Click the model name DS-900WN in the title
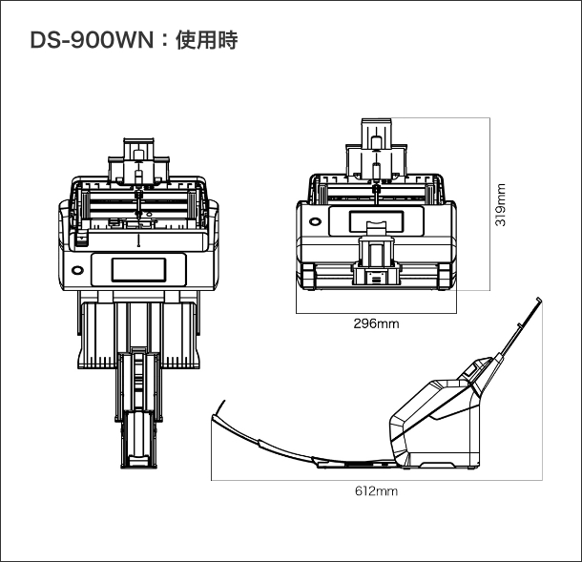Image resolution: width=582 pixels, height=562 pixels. [x=87, y=41]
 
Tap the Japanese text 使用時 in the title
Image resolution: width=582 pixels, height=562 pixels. [x=204, y=41]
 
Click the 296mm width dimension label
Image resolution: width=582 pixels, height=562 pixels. [x=376, y=323]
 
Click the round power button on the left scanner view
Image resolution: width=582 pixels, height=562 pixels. [x=78, y=269]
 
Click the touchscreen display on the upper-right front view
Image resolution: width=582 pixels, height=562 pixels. [x=377, y=220]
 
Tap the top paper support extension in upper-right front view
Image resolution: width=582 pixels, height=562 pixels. [x=377, y=133]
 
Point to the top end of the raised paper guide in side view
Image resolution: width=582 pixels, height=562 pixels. [x=540, y=302]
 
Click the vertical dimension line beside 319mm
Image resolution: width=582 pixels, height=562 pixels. [x=489, y=204]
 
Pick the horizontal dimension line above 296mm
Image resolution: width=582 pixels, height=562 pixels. [x=376, y=311]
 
